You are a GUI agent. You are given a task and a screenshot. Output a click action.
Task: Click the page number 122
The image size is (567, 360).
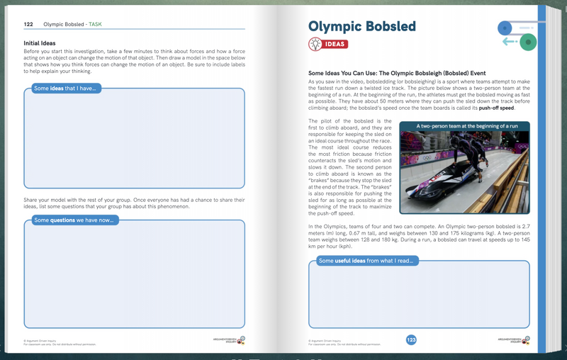(28, 24)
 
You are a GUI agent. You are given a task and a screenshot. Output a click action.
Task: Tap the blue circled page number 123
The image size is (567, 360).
(411, 340)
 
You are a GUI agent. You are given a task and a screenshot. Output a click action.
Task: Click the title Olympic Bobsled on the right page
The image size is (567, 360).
(362, 27)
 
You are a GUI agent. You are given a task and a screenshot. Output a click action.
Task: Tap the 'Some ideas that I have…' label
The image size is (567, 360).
(64, 89)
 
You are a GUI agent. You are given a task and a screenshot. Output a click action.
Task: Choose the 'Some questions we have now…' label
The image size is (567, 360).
(74, 220)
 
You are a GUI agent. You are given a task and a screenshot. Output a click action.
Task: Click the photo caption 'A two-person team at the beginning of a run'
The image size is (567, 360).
(467, 125)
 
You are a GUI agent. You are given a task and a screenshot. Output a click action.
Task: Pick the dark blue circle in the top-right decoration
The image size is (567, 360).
(505, 28)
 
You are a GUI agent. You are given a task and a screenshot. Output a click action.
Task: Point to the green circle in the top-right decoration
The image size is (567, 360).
(527, 43)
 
